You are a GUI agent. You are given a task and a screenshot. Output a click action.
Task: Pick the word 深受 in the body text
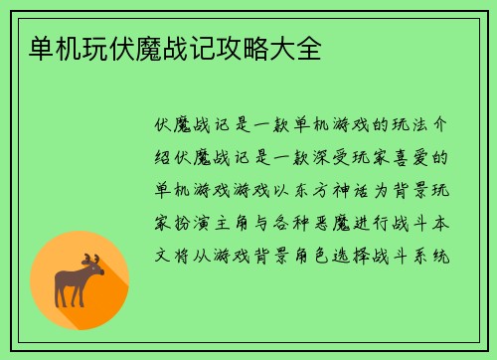[x=331, y=157]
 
